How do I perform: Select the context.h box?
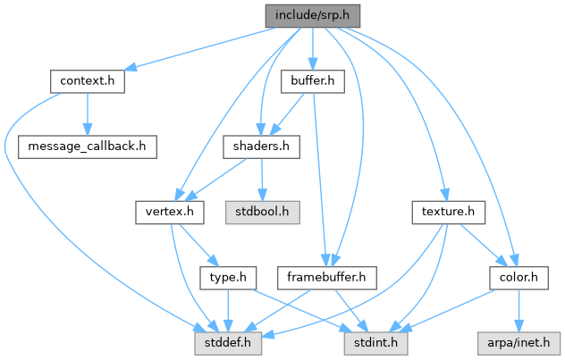click(x=86, y=81)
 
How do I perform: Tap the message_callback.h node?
click(x=88, y=147)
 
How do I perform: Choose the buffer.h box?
click(x=312, y=81)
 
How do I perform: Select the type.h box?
click(x=227, y=278)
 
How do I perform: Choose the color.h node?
click(x=519, y=278)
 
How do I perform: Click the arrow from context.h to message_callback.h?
click(x=87, y=114)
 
